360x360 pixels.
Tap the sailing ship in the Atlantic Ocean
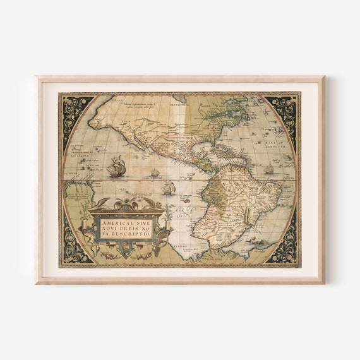point(270,169)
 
